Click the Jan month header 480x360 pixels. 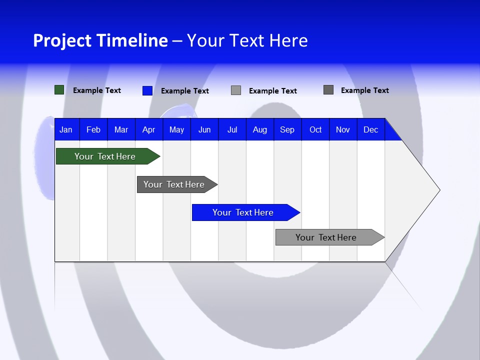[66, 129]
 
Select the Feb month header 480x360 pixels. [93, 129]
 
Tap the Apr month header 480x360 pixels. [148, 129]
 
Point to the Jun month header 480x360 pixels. [204, 129]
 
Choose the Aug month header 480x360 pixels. [259, 129]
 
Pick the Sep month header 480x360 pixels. [287, 129]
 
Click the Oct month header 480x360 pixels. [315, 129]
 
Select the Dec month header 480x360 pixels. [370, 129]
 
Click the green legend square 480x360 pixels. [59, 90]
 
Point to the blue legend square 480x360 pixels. [147, 90]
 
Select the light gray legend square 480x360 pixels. [236, 90]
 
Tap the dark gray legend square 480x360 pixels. [328, 90]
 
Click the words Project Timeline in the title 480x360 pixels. [100, 40]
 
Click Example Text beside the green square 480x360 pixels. [97, 90]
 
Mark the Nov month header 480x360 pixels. [343, 129]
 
